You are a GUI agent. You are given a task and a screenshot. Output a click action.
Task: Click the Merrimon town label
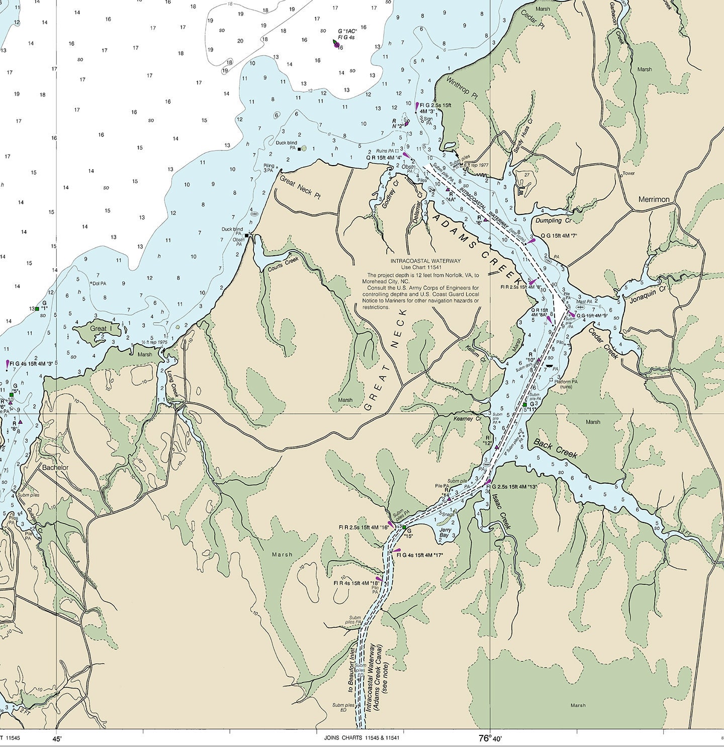654,199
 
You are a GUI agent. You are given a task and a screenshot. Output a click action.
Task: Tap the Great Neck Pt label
300,187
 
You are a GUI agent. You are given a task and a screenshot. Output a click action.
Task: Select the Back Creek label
555,448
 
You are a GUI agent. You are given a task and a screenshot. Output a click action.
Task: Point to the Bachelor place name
55,467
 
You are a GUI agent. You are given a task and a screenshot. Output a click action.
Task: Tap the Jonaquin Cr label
647,294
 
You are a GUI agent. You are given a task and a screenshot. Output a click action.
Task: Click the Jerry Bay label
444,533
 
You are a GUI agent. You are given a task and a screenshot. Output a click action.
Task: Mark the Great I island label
98,329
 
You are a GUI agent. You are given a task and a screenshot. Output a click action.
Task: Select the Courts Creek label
283,264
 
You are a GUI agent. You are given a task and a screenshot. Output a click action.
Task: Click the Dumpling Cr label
553,220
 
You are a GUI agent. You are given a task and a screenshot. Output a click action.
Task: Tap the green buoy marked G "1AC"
335,44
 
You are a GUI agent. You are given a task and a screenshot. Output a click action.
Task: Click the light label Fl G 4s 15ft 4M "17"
419,555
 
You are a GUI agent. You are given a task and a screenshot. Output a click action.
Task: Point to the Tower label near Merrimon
628,173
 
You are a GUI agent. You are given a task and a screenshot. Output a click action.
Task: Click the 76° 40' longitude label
490,738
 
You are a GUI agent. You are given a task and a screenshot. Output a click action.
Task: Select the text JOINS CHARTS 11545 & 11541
361,738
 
